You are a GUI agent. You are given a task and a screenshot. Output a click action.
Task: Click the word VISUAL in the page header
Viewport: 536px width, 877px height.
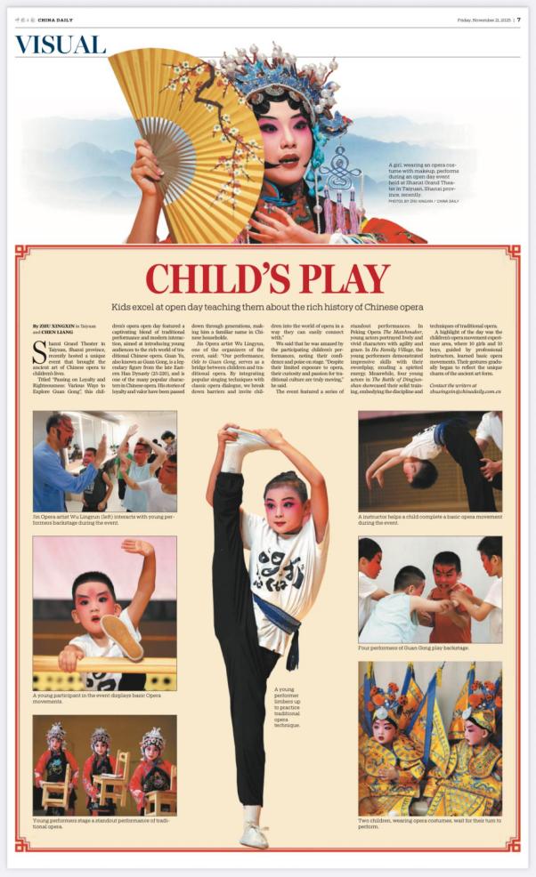[x=61, y=45]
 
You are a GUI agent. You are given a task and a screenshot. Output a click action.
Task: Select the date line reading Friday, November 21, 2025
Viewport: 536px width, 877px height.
[x=482, y=20]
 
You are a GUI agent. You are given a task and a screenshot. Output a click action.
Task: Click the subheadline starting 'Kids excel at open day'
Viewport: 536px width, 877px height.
[x=268, y=307]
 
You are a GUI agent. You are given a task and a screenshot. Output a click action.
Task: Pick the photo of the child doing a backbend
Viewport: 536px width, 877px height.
[x=430, y=461]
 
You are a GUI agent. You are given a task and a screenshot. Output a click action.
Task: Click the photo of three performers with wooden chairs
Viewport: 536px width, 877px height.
[x=104, y=765]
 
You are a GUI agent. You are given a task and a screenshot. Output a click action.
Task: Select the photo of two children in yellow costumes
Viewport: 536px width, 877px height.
[x=430, y=738]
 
